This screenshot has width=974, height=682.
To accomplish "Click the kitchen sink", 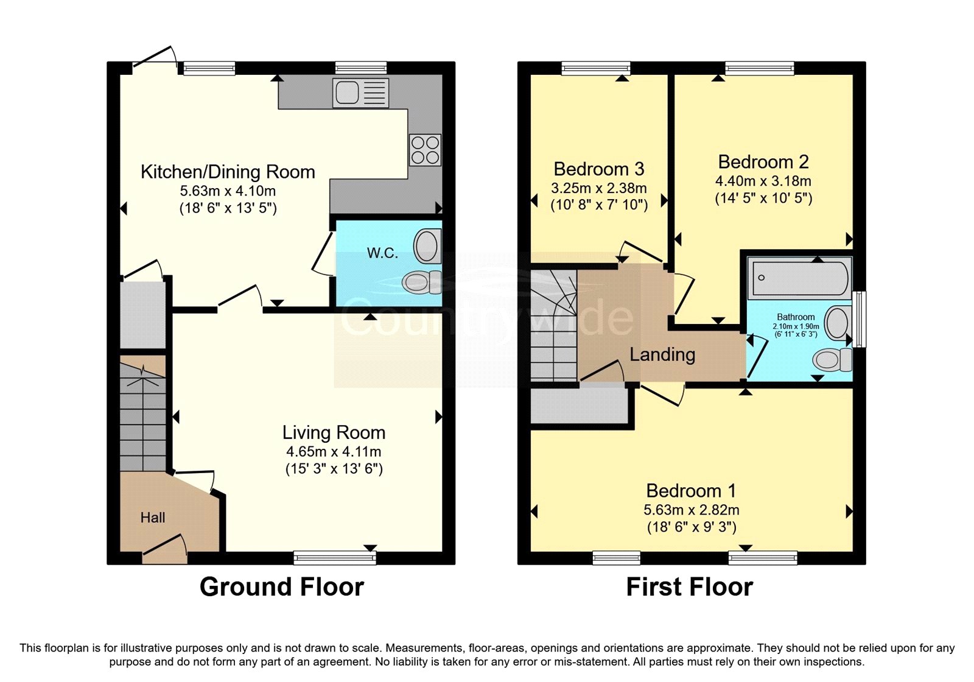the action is [x=360, y=93].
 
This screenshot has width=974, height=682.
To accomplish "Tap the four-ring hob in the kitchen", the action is [x=426, y=150].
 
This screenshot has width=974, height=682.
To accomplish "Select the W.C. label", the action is [x=383, y=253].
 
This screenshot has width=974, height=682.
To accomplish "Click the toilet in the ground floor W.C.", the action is [x=422, y=283].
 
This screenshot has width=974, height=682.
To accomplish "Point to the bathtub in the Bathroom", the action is [x=799, y=278].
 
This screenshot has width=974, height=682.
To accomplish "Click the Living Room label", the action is [x=334, y=432].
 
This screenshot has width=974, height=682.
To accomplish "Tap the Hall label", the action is [x=153, y=517].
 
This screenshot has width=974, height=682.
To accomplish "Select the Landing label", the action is [x=662, y=354].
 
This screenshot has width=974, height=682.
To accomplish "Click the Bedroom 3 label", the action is [x=599, y=169].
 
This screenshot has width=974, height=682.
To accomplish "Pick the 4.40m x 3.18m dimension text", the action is [x=763, y=181].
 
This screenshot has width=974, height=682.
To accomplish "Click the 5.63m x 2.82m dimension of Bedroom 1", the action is [x=692, y=510].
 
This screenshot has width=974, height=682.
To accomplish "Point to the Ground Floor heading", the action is [x=282, y=587].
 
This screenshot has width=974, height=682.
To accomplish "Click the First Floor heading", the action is [x=690, y=587].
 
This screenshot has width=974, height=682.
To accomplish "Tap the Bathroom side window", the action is [x=859, y=319].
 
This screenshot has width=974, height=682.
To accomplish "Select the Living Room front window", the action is [x=335, y=558].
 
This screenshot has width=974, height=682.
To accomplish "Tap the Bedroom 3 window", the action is [x=596, y=68].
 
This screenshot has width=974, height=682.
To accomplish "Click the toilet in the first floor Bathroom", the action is [x=832, y=360].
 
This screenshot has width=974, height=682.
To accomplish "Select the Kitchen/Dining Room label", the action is [x=228, y=172].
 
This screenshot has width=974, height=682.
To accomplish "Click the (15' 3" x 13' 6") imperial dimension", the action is [x=334, y=469].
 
